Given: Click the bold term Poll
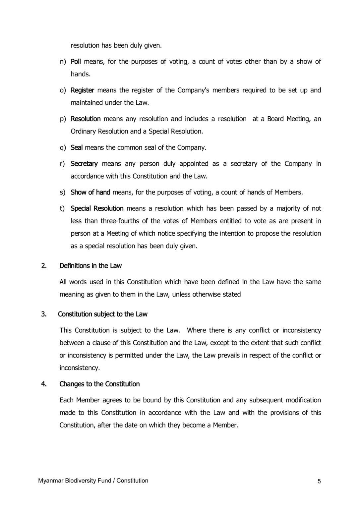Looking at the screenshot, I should (76, 62).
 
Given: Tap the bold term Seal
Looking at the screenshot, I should (77, 147).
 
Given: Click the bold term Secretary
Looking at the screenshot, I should (84, 164).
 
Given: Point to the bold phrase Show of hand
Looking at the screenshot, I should (90, 192).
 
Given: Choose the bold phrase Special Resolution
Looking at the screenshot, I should (97, 208).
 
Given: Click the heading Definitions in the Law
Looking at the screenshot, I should (90, 266).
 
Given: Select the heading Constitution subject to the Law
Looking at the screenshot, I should (103, 314).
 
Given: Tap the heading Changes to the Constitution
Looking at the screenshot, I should (99, 384).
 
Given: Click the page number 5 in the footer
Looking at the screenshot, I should (319, 481).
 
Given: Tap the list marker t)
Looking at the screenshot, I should (62, 208).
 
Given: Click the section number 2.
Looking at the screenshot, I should (44, 266).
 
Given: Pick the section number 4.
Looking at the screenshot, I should (44, 384).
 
